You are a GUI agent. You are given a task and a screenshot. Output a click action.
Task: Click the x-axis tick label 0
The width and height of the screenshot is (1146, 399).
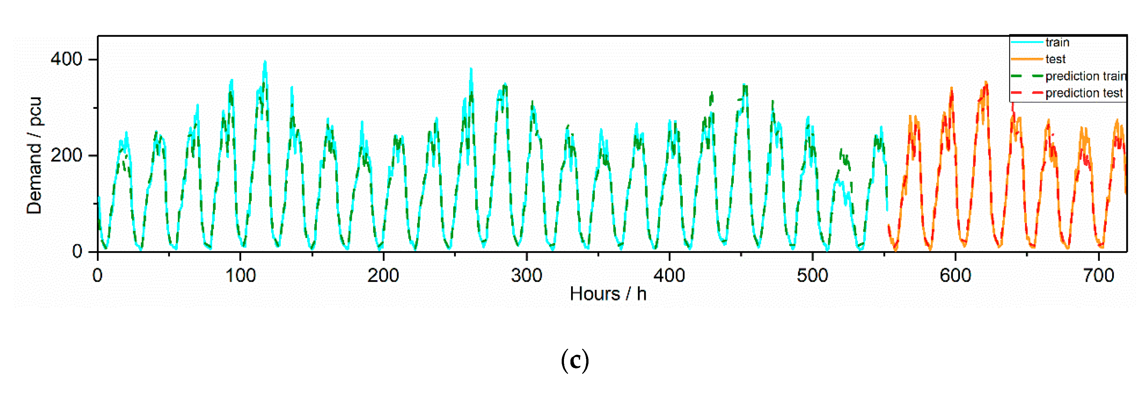point(98,276)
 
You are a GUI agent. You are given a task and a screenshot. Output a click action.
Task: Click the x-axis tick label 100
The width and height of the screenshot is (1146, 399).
point(240,276)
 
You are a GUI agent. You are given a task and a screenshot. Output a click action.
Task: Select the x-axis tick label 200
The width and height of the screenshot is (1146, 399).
point(383,276)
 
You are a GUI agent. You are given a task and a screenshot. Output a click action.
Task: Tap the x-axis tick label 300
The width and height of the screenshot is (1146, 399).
point(526,276)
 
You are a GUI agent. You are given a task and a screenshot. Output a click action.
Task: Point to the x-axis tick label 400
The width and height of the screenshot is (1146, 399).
point(669,276)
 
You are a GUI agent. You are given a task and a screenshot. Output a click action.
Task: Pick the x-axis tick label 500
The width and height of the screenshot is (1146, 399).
point(812,276)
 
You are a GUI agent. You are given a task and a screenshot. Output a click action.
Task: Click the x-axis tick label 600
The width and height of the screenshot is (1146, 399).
point(955,276)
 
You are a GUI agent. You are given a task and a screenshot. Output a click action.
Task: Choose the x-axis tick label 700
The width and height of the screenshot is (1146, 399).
point(1099,276)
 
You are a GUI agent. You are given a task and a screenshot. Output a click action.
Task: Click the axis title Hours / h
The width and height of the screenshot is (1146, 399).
point(608,294)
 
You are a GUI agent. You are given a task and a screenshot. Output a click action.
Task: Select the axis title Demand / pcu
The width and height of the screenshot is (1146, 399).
point(34,155)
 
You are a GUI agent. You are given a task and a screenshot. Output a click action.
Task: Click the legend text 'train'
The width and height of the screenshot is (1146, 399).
point(1057,42)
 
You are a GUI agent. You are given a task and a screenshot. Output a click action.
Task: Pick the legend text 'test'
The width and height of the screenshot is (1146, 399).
point(1055,59)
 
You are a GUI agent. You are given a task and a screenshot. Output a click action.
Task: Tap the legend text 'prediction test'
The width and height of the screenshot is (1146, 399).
point(1084,93)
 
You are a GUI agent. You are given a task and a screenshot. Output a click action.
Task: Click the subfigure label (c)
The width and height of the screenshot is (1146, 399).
point(575,360)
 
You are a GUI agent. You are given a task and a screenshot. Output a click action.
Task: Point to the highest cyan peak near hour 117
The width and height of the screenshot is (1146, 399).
point(265,62)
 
